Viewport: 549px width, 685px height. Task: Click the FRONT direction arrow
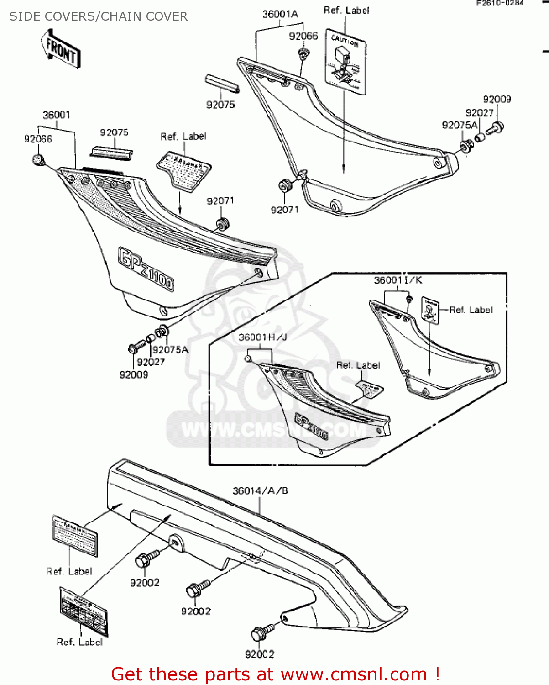pos(61,48)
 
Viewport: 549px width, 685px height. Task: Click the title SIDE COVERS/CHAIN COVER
pos(98,16)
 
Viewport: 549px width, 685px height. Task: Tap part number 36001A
pos(280,14)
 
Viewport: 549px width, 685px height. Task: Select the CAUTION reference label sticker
pos(345,62)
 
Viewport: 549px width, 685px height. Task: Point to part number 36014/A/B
pos(260,491)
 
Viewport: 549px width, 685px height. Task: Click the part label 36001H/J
pos(263,337)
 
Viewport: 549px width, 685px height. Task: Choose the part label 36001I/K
pos(398,280)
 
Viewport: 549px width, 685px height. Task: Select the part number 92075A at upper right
pos(460,125)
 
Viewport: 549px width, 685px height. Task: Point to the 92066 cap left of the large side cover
pos(38,160)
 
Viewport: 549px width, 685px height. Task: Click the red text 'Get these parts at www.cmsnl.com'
pos(275,674)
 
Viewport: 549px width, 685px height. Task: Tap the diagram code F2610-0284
pos(500,3)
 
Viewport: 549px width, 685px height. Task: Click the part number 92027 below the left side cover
pos(151,362)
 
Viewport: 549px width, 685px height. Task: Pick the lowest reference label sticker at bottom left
pos(84,611)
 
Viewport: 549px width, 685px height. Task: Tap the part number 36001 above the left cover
pos(57,115)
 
